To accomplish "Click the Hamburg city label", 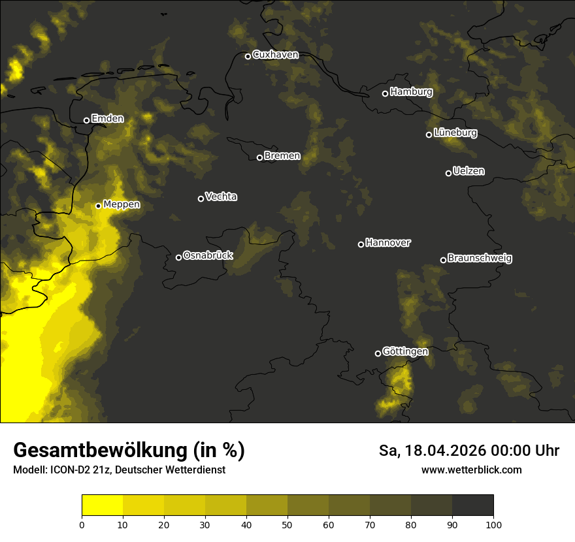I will pyautogui.click(x=411, y=92).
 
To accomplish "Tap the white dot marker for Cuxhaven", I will pyautogui.click(x=248, y=56).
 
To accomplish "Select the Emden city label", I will pyautogui.click(x=107, y=119).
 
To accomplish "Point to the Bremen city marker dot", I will pyautogui.click(x=259, y=157).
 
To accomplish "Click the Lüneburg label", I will pyautogui.click(x=455, y=133).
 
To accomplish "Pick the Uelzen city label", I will pyautogui.click(x=468, y=171).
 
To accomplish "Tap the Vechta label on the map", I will pyautogui.click(x=221, y=197).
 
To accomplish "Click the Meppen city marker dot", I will pyautogui.click(x=98, y=206).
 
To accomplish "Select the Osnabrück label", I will pyautogui.click(x=208, y=255).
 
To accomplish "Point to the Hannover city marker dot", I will pyautogui.click(x=361, y=244).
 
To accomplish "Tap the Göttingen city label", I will pyautogui.click(x=405, y=351).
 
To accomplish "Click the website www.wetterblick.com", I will pyautogui.click(x=471, y=470).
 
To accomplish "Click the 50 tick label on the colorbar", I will pyautogui.click(x=287, y=524).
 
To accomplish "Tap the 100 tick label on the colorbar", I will pyautogui.click(x=493, y=524).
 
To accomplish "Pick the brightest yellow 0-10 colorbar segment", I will pyautogui.click(x=102, y=505).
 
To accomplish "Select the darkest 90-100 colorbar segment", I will pyautogui.click(x=472, y=505).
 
